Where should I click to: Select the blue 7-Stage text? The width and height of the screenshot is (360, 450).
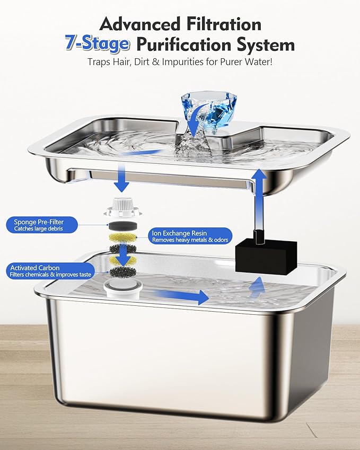[x=96, y=44]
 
